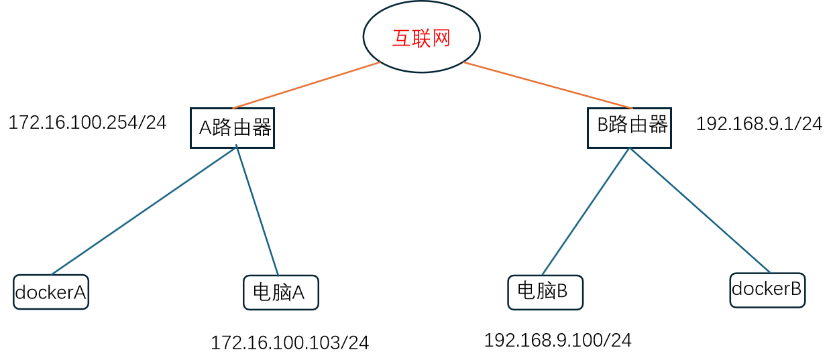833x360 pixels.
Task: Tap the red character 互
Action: tap(401, 39)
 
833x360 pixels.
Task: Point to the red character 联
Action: tap(421, 39)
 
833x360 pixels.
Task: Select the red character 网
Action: tap(441, 39)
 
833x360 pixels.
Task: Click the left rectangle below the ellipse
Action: tap(232, 127)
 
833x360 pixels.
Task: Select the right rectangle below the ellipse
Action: tap(629, 127)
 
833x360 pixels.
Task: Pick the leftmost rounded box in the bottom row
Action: tap(51, 292)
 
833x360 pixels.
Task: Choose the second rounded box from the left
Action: tap(281, 292)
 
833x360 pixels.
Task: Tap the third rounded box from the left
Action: tap(545, 292)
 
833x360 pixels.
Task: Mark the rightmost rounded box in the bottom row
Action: tap(767, 290)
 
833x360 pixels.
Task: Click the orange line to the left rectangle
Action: tap(306, 85)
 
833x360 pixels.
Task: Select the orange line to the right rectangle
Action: tap(548, 85)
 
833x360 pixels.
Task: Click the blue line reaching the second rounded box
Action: tap(258, 211)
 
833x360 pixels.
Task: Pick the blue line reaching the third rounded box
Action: tap(586, 211)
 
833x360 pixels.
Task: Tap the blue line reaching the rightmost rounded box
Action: tap(700, 210)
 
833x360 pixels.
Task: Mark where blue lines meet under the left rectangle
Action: tap(237, 146)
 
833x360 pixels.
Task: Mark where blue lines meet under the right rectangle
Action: tap(629, 148)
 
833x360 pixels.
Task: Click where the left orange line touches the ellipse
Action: tap(380, 62)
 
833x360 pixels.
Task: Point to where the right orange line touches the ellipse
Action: tap(463, 62)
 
